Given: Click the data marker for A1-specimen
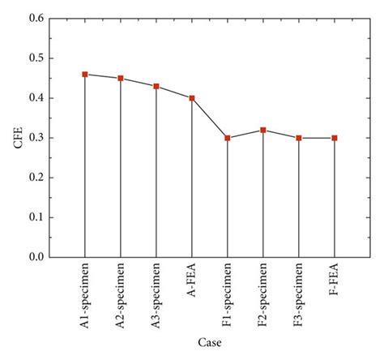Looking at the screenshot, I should tap(85, 75).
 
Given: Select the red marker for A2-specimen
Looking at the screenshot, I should tap(121, 79).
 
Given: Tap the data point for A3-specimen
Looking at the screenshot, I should tap(156, 86).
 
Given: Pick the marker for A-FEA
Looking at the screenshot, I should tap(192, 98).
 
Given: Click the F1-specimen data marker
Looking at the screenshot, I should tap(228, 138).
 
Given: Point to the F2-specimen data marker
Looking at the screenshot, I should tap(263, 130).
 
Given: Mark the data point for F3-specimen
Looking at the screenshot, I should tap(299, 138).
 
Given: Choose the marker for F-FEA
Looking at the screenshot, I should tap(335, 138).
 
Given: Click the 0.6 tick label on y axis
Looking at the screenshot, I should tap(35, 19).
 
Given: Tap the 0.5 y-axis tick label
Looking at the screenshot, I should tap(35, 58).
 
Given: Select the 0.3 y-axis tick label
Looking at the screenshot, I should tap(35, 138).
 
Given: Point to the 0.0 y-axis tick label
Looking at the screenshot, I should tap(35, 257).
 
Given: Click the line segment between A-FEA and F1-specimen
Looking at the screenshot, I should tap(210, 118).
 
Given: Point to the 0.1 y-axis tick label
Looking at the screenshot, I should tap(35, 217).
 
